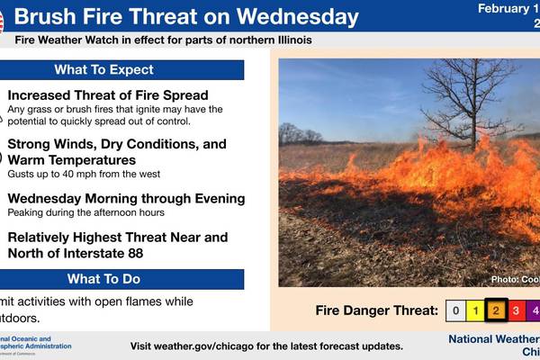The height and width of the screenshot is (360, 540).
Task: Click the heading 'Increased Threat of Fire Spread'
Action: (x=108, y=95)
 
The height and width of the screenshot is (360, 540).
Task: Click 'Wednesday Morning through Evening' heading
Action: (x=126, y=198)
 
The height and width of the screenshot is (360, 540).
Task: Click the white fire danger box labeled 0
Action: (x=456, y=311)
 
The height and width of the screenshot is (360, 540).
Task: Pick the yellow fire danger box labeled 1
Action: (x=476, y=311)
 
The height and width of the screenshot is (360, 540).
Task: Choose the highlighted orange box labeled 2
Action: (x=496, y=311)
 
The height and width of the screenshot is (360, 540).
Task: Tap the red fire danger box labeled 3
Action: (x=517, y=311)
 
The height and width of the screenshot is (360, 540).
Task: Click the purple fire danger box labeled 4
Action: (x=535, y=311)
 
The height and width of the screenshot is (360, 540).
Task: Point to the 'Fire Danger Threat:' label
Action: (x=377, y=311)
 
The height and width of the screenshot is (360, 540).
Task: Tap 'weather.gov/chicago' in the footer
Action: (x=211, y=346)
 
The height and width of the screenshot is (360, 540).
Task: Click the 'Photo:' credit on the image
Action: (x=504, y=279)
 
